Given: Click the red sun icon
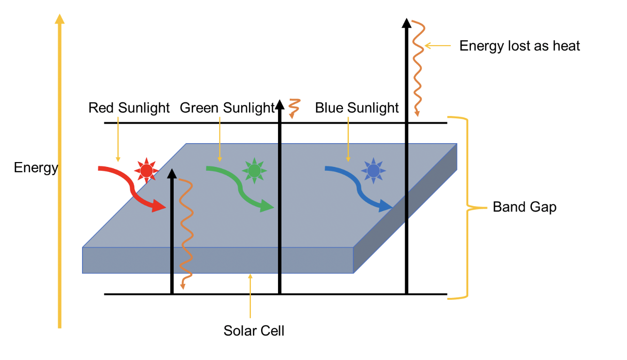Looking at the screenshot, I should pos(146,170).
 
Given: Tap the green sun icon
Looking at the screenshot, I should pos(254,170).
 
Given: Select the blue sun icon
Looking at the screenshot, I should pos(373,170).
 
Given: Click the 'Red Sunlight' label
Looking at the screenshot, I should pos(129,108).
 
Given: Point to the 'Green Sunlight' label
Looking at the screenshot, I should pos(227,108).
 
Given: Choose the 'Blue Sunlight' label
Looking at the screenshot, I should pos(357,108).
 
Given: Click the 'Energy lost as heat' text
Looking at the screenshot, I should pos(519,46).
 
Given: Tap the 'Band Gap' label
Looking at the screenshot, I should pos(525,207).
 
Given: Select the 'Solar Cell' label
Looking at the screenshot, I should pos(254,331).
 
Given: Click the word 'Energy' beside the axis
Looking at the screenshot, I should pos(36,168).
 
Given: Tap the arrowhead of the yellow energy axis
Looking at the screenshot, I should pos(60,19).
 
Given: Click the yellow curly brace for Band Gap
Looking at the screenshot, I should pos(467,207).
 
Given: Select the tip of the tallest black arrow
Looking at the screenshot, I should pos(406,22).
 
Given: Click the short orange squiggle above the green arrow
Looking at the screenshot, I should pos(293,108).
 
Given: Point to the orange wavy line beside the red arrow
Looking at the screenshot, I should pos(185,233).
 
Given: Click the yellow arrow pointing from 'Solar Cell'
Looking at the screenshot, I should pos(250,296).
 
